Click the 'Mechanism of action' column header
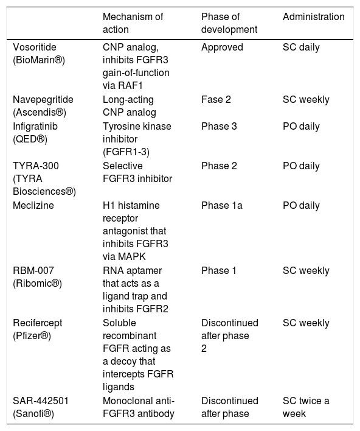(x=133, y=23)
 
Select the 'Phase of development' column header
(x=229, y=23)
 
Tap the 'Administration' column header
(x=314, y=17)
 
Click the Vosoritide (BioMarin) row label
(x=39, y=54)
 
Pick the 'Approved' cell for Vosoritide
(x=222, y=47)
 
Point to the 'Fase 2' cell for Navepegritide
(x=216, y=99)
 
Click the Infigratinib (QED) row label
(x=35, y=133)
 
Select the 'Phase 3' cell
(x=219, y=127)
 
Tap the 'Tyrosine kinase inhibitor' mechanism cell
(x=137, y=139)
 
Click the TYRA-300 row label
(x=44, y=178)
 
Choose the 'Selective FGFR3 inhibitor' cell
(x=137, y=172)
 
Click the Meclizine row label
(x=33, y=205)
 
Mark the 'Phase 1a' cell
(x=222, y=205)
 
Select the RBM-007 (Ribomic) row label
(x=37, y=277)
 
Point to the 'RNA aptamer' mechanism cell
(x=136, y=290)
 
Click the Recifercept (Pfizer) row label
(x=37, y=329)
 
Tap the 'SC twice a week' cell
(x=306, y=407)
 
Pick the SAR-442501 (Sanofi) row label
(x=41, y=407)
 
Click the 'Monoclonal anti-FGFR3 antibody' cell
(x=139, y=407)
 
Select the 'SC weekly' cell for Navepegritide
(x=306, y=99)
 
